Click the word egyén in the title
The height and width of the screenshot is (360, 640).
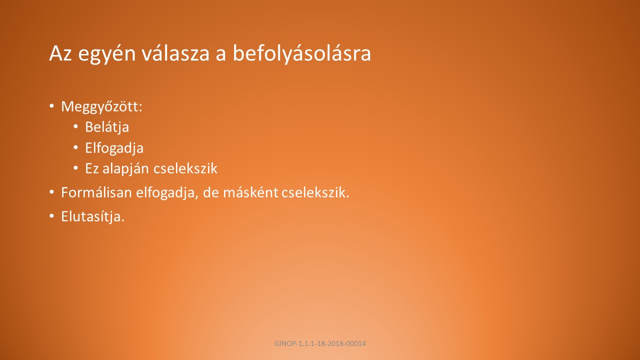[x=107, y=54]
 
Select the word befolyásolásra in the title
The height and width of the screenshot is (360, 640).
[x=302, y=53]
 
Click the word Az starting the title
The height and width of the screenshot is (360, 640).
[x=60, y=53]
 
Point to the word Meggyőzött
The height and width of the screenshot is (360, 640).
[x=101, y=106]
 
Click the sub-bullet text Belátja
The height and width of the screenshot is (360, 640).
[x=107, y=127]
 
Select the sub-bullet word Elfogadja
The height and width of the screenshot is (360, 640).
[x=114, y=148]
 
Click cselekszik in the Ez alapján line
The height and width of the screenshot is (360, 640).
[x=185, y=168]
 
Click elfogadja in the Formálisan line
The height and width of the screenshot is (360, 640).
[x=167, y=193]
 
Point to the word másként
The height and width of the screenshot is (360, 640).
[x=250, y=192]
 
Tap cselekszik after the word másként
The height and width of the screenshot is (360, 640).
[x=315, y=192]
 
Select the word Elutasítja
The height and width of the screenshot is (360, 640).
[x=93, y=216]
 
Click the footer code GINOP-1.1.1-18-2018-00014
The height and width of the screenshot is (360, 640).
[x=320, y=343]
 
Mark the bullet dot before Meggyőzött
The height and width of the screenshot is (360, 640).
[x=51, y=106]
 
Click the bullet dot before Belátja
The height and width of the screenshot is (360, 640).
[x=75, y=126]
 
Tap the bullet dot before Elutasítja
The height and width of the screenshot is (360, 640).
[x=51, y=216]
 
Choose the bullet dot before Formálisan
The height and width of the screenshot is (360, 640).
[x=51, y=192]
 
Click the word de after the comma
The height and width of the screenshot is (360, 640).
[x=210, y=192]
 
